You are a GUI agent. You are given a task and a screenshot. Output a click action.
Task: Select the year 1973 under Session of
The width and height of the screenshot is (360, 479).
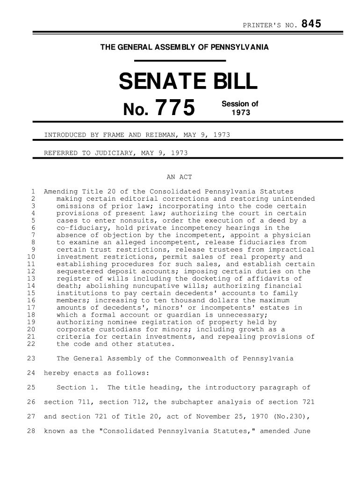point(240,113)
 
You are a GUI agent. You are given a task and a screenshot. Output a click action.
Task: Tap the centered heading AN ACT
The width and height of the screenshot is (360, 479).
point(180,177)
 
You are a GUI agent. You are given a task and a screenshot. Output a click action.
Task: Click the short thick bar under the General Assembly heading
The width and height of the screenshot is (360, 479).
point(180,60)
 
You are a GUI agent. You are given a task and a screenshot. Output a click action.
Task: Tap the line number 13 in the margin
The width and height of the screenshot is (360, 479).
point(32,279)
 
